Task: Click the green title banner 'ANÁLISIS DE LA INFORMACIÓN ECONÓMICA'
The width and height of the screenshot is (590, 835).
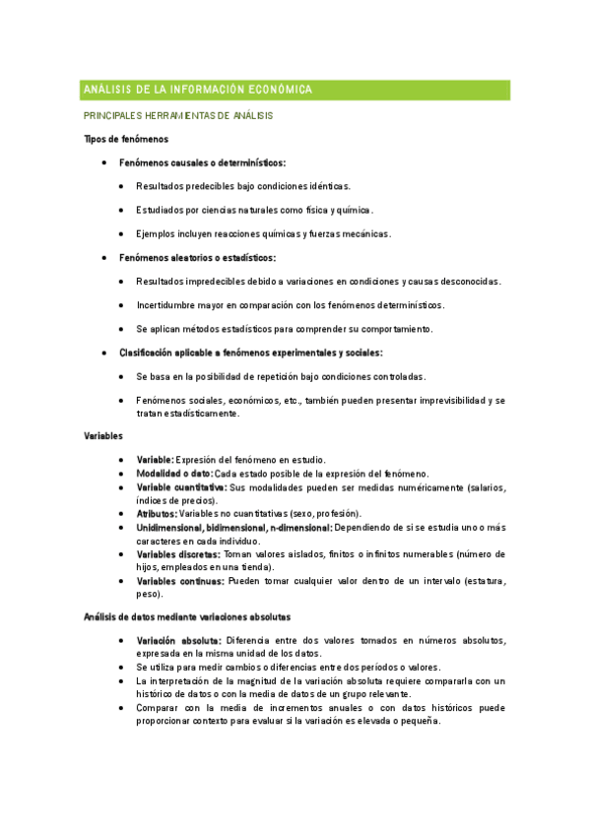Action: (295, 90)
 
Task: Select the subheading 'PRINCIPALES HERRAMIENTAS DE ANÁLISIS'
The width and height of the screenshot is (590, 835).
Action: (178, 116)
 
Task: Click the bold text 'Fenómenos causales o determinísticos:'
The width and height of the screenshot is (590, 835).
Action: (202, 162)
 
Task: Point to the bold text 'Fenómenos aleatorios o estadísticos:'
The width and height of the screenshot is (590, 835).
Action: (197, 258)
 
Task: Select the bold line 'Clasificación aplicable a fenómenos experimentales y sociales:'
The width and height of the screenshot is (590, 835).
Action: (251, 353)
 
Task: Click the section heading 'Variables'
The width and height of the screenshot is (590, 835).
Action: (103, 434)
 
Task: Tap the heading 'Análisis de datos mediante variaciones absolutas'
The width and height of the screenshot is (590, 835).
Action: (187, 617)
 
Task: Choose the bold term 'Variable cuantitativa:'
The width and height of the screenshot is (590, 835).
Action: (181, 486)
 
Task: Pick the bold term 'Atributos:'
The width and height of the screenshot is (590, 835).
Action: (157, 514)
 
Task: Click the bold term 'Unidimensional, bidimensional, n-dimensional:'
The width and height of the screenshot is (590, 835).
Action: (234, 528)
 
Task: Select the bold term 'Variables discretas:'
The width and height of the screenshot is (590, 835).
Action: (178, 554)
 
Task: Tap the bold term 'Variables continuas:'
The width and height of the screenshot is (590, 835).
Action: (180, 582)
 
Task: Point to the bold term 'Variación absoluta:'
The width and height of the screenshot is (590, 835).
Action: (177, 640)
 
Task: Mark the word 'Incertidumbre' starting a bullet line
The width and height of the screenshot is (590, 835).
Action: (167, 305)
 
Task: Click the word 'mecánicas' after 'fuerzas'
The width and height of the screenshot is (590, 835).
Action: (366, 234)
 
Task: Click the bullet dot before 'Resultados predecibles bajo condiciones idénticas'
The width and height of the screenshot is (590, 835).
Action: (120, 186)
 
